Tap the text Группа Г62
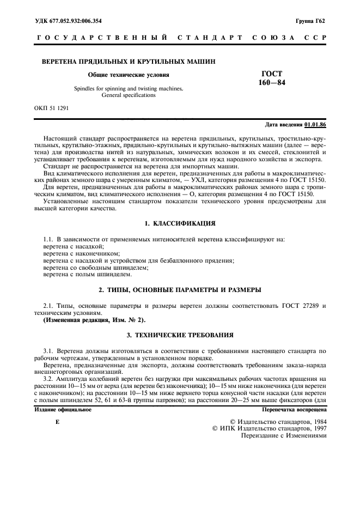310,21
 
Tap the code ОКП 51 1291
52,108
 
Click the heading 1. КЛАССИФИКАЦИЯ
180,224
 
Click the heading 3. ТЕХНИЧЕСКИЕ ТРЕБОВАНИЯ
180,334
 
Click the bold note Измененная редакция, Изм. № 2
94,320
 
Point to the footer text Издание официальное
63,409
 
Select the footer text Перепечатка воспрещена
294,409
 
